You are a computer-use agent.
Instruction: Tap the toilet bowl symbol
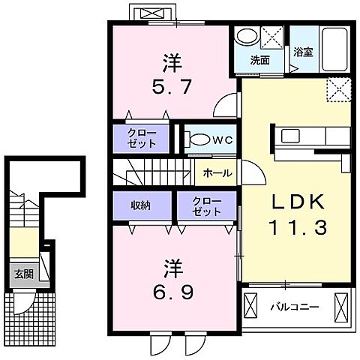197,139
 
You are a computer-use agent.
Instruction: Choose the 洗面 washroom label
260,61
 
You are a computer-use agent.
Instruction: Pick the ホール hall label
217,173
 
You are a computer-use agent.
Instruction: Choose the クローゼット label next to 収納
206,206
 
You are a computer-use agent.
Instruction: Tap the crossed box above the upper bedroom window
154,13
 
